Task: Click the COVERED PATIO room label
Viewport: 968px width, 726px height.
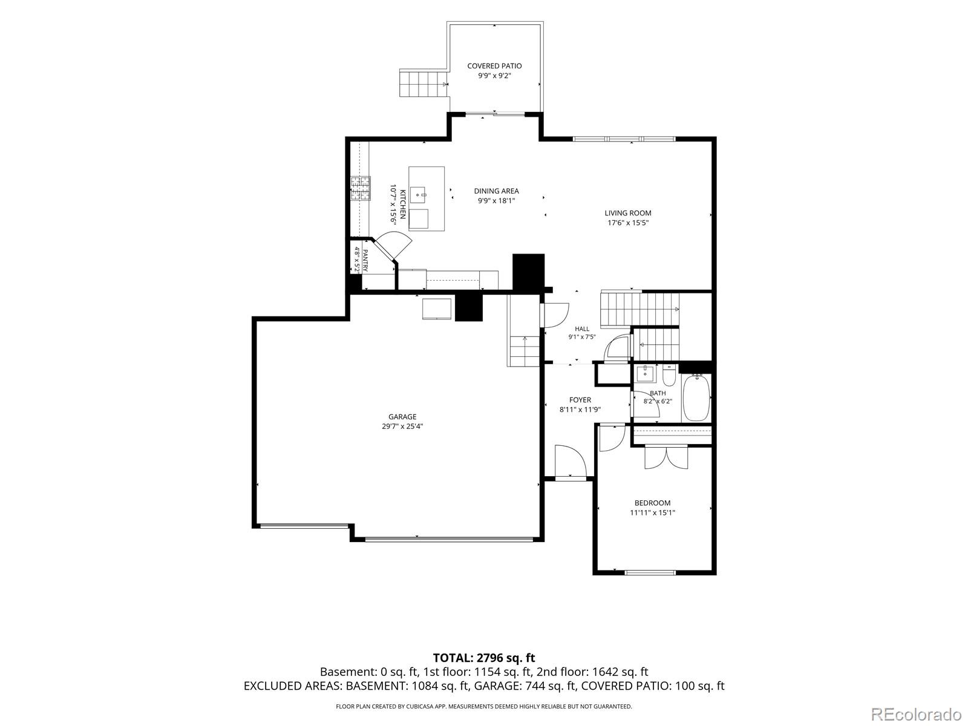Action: (494, 66)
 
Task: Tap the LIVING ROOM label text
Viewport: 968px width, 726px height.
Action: (627, 214)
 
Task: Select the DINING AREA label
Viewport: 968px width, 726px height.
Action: (496, 191)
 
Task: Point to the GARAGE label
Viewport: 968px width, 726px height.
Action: (402, 417)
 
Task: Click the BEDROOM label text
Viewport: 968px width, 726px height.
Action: (652, 503)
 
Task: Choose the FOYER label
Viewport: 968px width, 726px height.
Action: (580, 401)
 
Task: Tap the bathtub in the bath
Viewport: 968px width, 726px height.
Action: (696, 397)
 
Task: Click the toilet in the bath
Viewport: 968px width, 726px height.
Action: (669, 375)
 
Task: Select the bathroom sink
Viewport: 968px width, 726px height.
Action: (646, 373)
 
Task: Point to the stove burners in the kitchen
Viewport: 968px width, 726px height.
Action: (361, 189)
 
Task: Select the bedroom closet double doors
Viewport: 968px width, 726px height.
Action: (665, 457)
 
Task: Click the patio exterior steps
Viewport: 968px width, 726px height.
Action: (423, 83)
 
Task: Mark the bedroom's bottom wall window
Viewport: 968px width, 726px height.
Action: (650, 572)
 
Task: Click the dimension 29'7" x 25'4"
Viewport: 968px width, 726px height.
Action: (402, 427)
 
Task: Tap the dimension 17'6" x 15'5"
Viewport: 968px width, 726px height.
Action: (627, 223)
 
